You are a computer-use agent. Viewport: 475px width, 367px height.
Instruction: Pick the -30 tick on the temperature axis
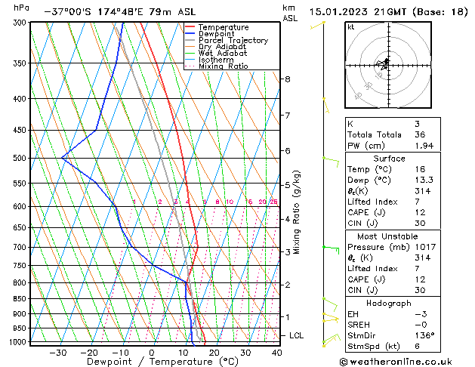(x=57, y=353)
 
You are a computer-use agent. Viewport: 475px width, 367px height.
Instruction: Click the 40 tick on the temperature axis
(x=276, y=353)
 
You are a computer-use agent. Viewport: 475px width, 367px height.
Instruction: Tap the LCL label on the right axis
(x=297, y=335)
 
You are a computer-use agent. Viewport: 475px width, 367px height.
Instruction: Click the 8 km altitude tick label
(x=287, y=79)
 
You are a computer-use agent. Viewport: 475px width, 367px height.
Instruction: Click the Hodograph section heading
(x=389, y=303)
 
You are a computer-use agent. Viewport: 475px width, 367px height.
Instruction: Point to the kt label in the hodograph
(x=350, y=27)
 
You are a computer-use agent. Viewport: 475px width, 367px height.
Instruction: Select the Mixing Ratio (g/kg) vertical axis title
(x=297, y=212)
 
